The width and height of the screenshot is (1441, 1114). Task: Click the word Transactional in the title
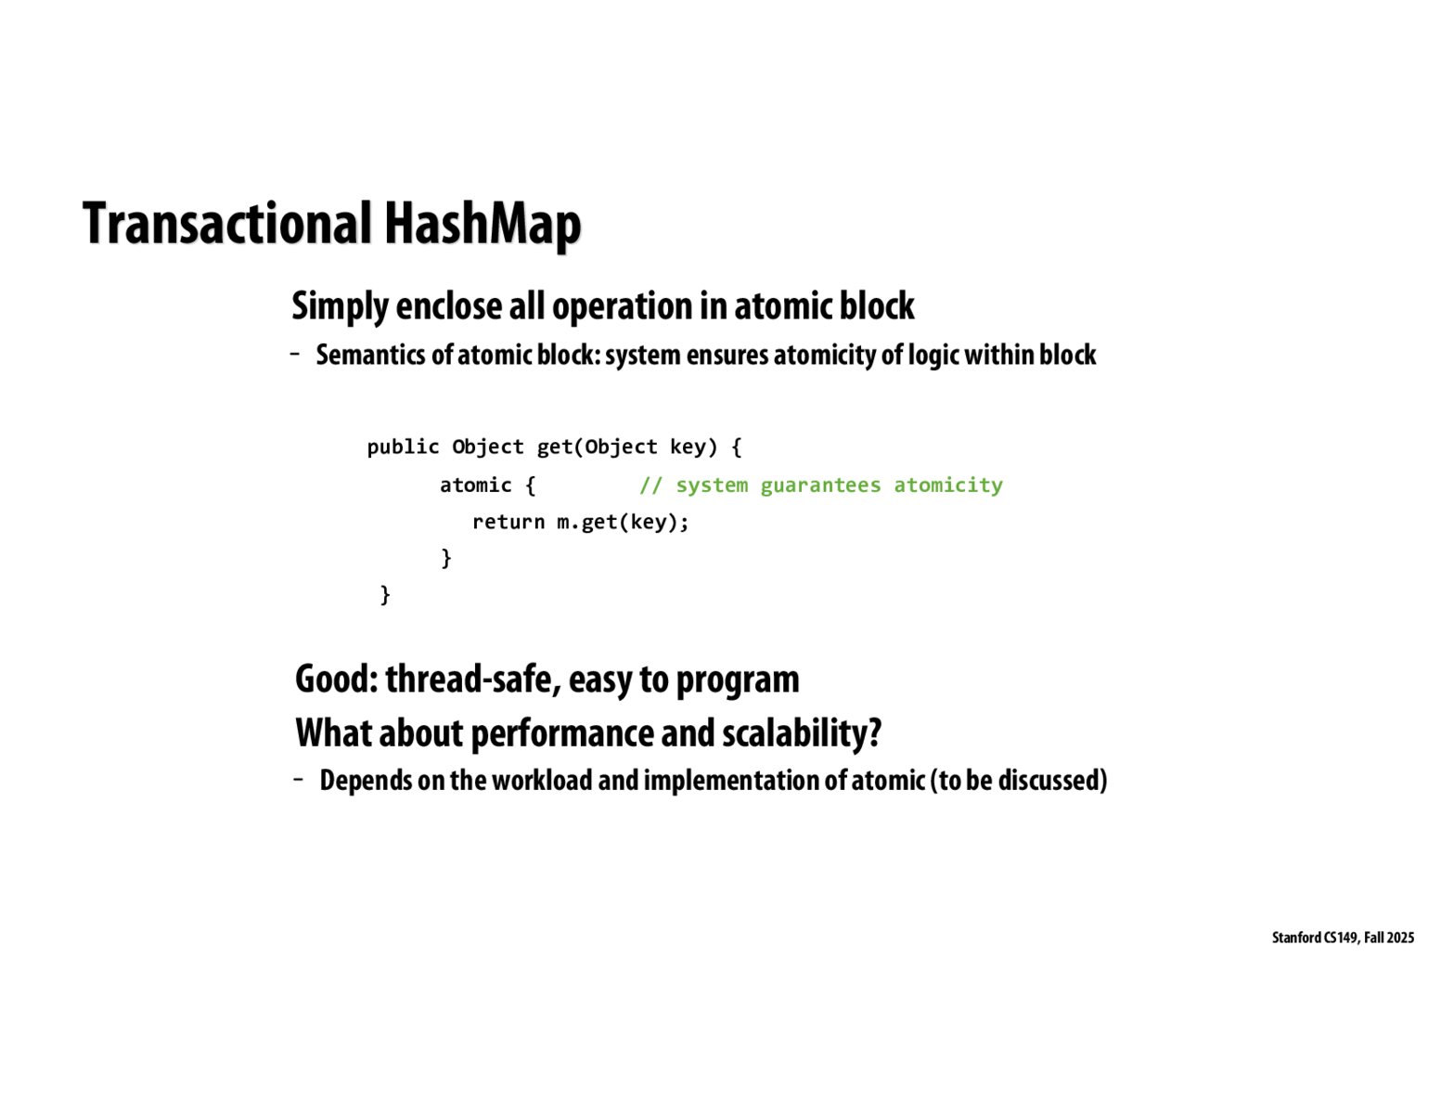(226, 224)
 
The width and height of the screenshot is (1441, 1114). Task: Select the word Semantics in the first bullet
(371, 355)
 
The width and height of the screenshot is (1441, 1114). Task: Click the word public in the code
(404, 447)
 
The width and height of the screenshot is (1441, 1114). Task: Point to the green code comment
(821, 485)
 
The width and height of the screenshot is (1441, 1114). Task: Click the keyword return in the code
(508, 522)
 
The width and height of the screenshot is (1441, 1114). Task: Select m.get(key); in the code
(623, 522)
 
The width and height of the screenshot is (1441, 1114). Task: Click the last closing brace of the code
(385, 594)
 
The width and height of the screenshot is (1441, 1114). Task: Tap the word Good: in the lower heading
(336, 679)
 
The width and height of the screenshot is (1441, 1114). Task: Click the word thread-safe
(473, 680)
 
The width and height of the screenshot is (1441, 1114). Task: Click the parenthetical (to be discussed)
(1019, 781)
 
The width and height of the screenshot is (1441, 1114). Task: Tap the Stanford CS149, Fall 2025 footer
(1343, 938)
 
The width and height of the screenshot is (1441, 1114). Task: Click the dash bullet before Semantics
(295, 355)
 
